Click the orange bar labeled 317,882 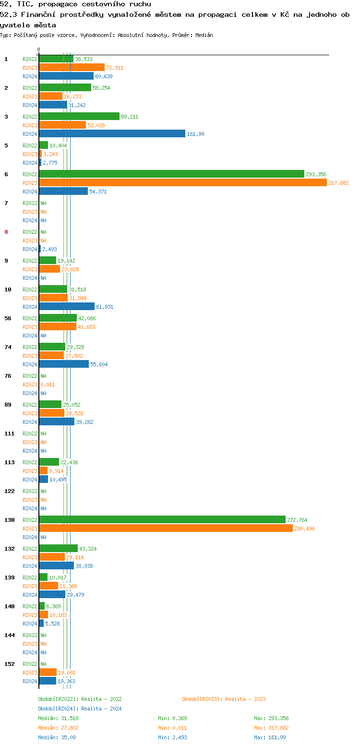coord(182,183)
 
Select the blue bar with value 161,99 coord(112,134)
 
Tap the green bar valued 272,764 coord(162,520)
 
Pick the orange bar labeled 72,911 coord(72,68)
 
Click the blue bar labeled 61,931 coord(67,307)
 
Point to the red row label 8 coord(6,232)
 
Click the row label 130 coord(10,520)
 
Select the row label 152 coord(10,664)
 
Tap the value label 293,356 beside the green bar coord(316,174)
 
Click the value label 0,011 coord(48,385)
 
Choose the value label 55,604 coord(99,364)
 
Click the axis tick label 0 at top coord(39,49)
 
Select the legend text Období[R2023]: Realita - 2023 coord(224,699)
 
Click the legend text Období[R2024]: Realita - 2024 coord(80,709)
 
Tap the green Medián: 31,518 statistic coord(58,718)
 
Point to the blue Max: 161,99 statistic coord(270,737)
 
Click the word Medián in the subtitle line coord(204,35)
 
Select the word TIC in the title coord(23,4)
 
